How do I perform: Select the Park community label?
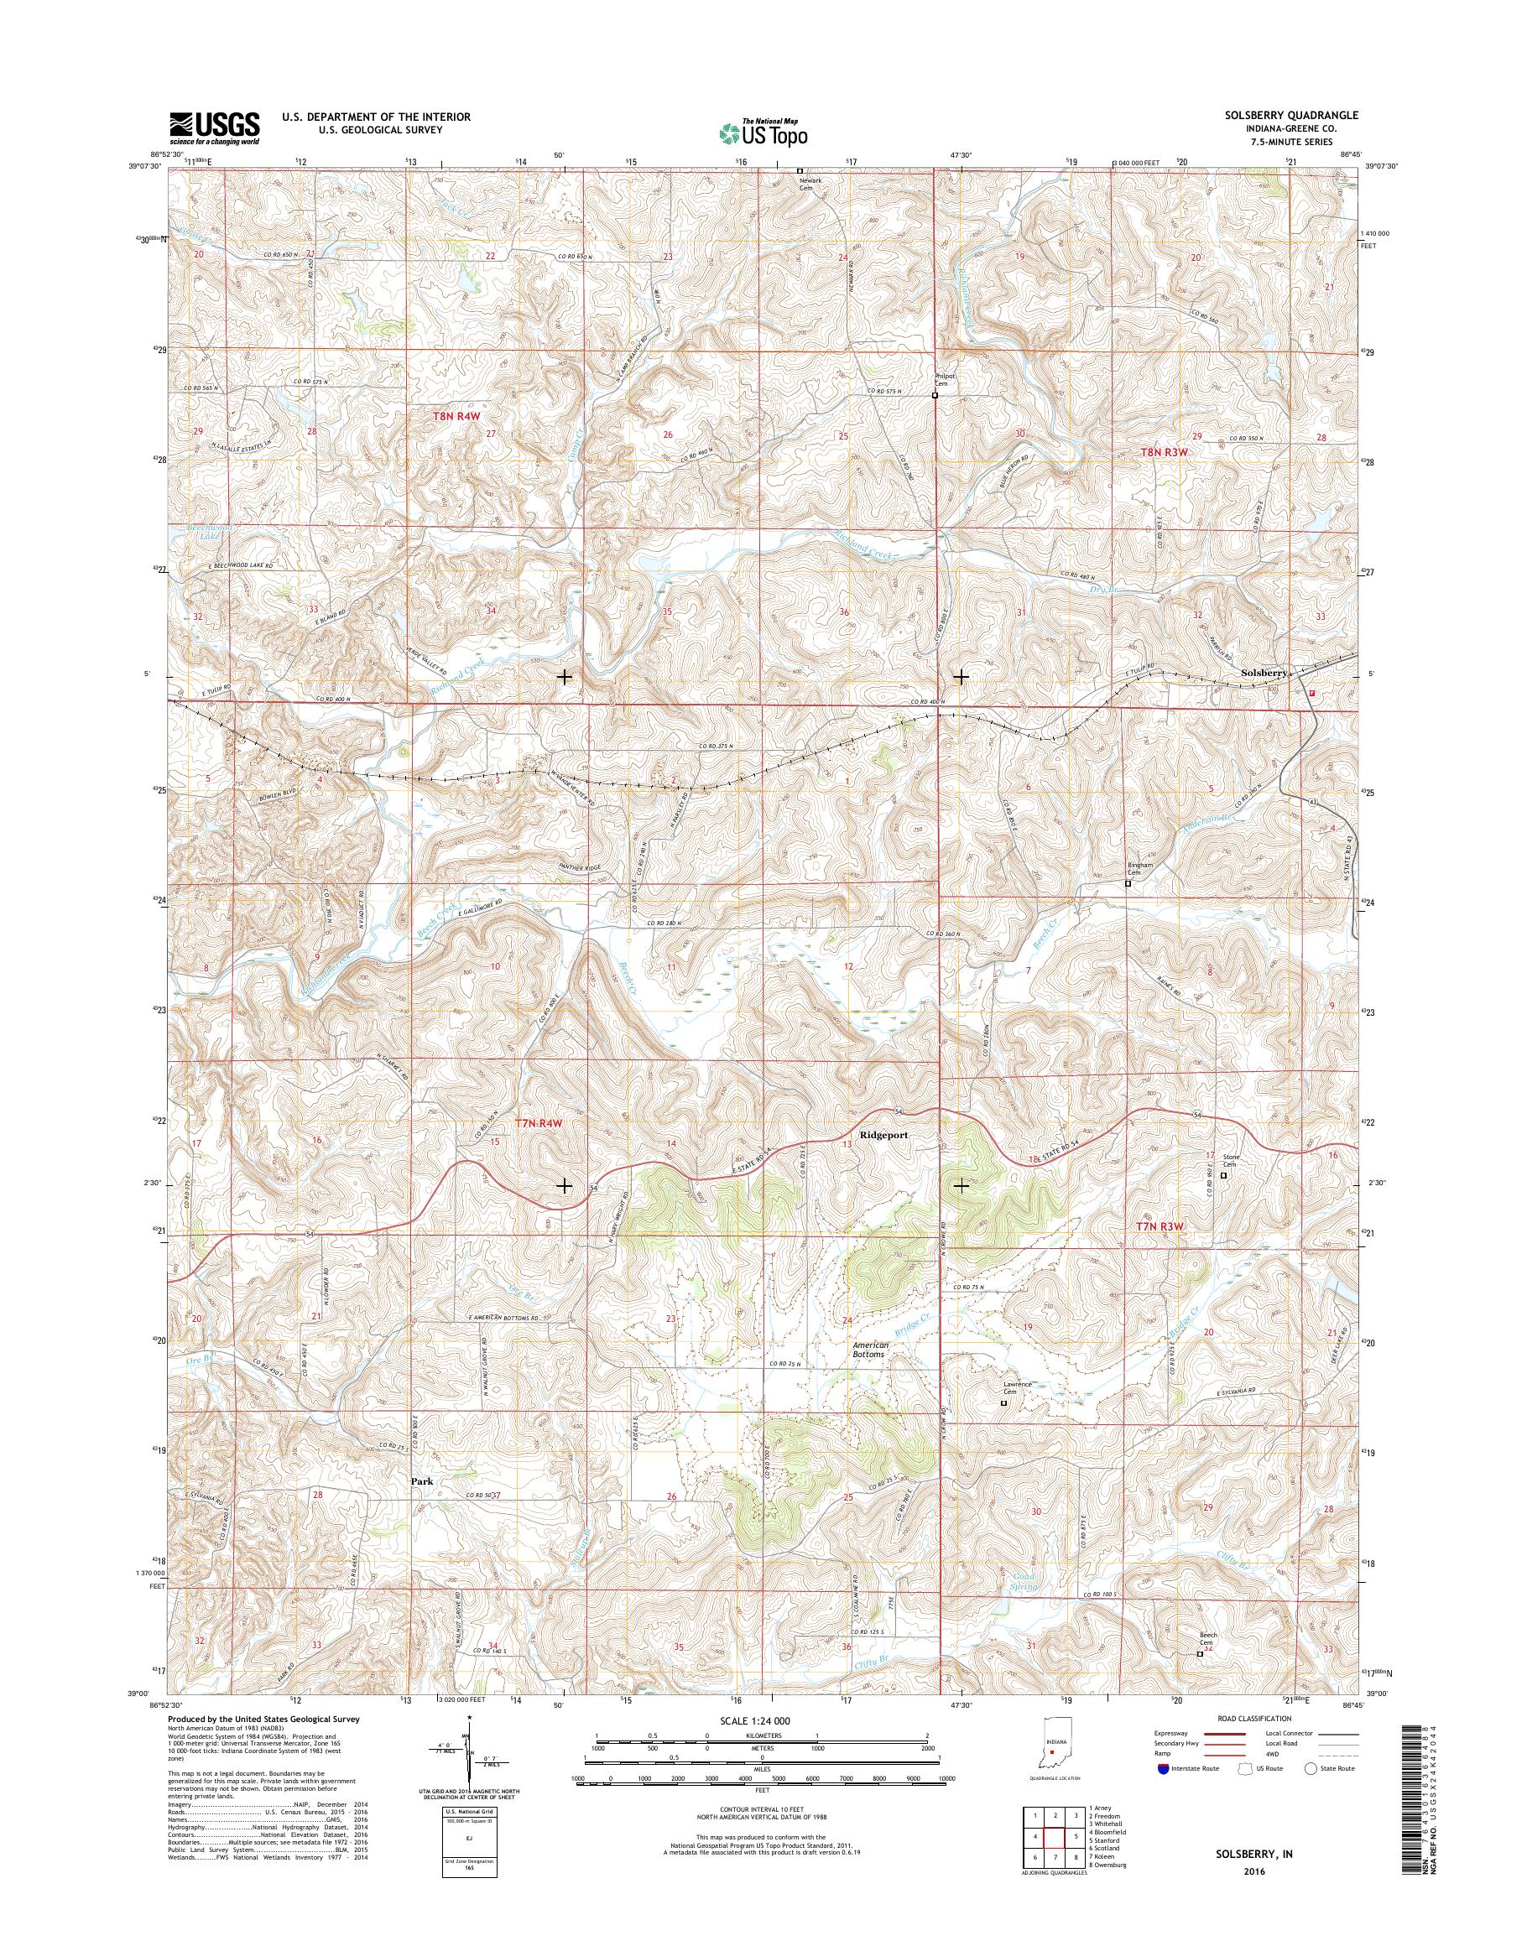422,1481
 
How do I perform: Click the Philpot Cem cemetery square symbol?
935,395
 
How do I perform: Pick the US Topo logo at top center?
763,133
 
